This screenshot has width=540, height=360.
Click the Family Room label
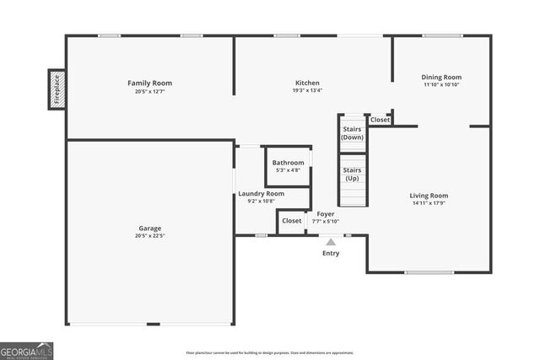click(149, 83)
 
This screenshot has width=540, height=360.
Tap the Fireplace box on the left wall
click(57, 89)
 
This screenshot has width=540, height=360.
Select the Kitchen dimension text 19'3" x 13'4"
click(307, 90)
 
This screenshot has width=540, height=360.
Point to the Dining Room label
click(441, 78)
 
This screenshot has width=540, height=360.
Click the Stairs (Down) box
click(352, 132)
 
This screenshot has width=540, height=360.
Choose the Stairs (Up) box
click(352, 174)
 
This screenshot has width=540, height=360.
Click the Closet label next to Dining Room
click(381, 120)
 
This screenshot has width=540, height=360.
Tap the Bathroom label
click(288, 162)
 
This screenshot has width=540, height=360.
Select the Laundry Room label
click(261, 193)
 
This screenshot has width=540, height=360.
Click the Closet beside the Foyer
click(291, 221)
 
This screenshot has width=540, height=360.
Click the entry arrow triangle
click(331, 242)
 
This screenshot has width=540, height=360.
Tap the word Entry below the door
click(331, 253)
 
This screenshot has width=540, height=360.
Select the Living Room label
click(429, 196)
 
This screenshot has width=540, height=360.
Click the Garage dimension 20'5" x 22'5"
click(149, 235)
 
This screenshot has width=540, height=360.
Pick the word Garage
click(149, 228)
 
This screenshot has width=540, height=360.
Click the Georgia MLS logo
click(26, 350)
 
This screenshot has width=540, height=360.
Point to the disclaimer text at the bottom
click(270, 353)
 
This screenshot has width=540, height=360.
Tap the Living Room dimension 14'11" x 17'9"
click(429, 203)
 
